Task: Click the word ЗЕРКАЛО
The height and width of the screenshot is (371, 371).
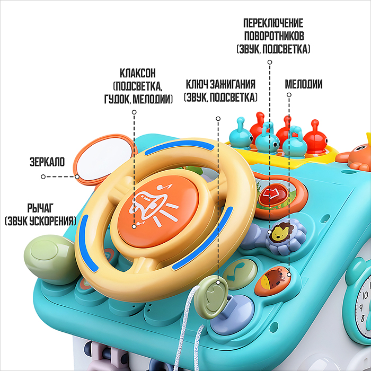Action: [x=47, y=162]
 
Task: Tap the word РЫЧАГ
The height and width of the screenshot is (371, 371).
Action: [x=40, y=208]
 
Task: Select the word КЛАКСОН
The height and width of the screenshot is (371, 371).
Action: [x=138, y=73]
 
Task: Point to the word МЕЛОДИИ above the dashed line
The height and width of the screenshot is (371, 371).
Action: [x=304, y=84]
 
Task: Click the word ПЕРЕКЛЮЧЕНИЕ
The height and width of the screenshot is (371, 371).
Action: [x=273, y=23]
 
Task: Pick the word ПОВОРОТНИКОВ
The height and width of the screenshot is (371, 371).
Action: [x=274, y=36]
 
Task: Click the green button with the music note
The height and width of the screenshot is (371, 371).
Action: [x=240, y=274]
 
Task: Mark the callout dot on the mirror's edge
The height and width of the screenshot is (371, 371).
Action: [x=77, y=176]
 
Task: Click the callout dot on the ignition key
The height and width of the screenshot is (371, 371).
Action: [x=218, y=282]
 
